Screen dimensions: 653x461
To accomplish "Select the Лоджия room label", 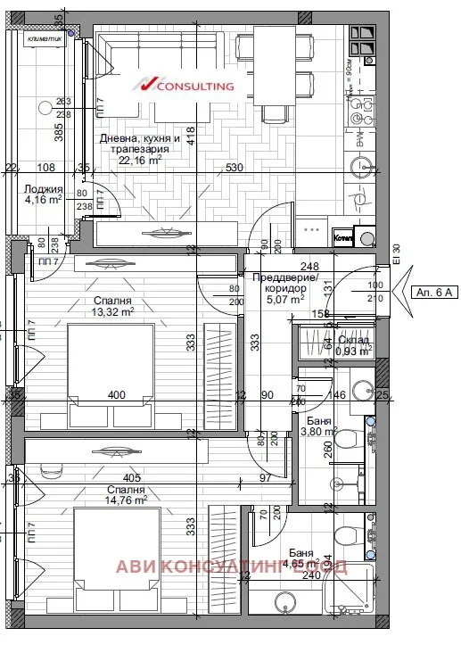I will pyautogui.click(x=44, y=189).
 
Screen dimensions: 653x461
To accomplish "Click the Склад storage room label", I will pyautogui.click(x=353, y=340).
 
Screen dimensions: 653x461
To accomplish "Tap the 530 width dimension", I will pyautogui.click(x=235, y=168).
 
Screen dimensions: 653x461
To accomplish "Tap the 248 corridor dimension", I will pyautogui.click(x=309, y=266).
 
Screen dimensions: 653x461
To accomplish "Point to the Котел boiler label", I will pyautogui.click(x=343, y=238).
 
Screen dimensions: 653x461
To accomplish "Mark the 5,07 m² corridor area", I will pyautogui.click(x=284, y=301).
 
